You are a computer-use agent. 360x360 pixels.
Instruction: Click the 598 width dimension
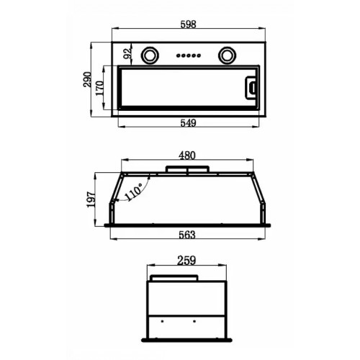[189, 24]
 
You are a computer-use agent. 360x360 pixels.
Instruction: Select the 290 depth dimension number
[87, 79]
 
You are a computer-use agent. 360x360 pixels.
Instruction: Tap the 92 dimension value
[127, 53]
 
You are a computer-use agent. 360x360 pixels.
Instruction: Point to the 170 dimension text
[100, 88]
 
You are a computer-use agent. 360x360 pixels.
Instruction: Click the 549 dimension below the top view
[189, 123]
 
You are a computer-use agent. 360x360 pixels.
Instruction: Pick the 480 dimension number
[187, 156]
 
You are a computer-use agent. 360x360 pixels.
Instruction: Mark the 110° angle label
[134, 192]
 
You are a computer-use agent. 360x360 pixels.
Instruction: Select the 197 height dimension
[91, 199]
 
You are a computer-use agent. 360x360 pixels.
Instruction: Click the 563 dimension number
[187, 235]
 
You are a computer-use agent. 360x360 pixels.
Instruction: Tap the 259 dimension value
[186, 261]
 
